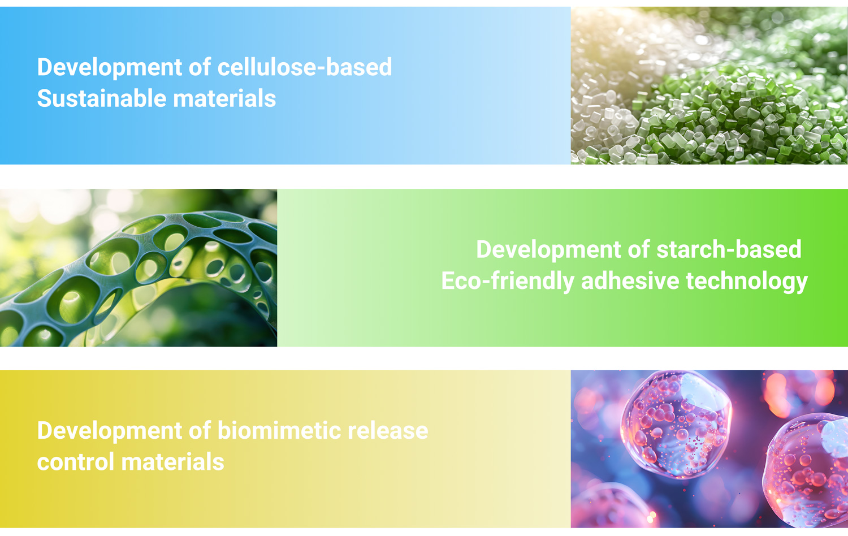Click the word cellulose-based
point(304,67)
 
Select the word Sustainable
point(102,98)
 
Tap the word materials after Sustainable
point(224,98)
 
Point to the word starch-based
point(729,249)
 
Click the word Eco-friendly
point(508,281)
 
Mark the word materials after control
point(173,462)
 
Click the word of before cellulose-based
point(200,67)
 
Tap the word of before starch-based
point(639,249)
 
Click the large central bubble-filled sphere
point(676,424)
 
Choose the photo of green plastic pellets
point(709,85)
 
